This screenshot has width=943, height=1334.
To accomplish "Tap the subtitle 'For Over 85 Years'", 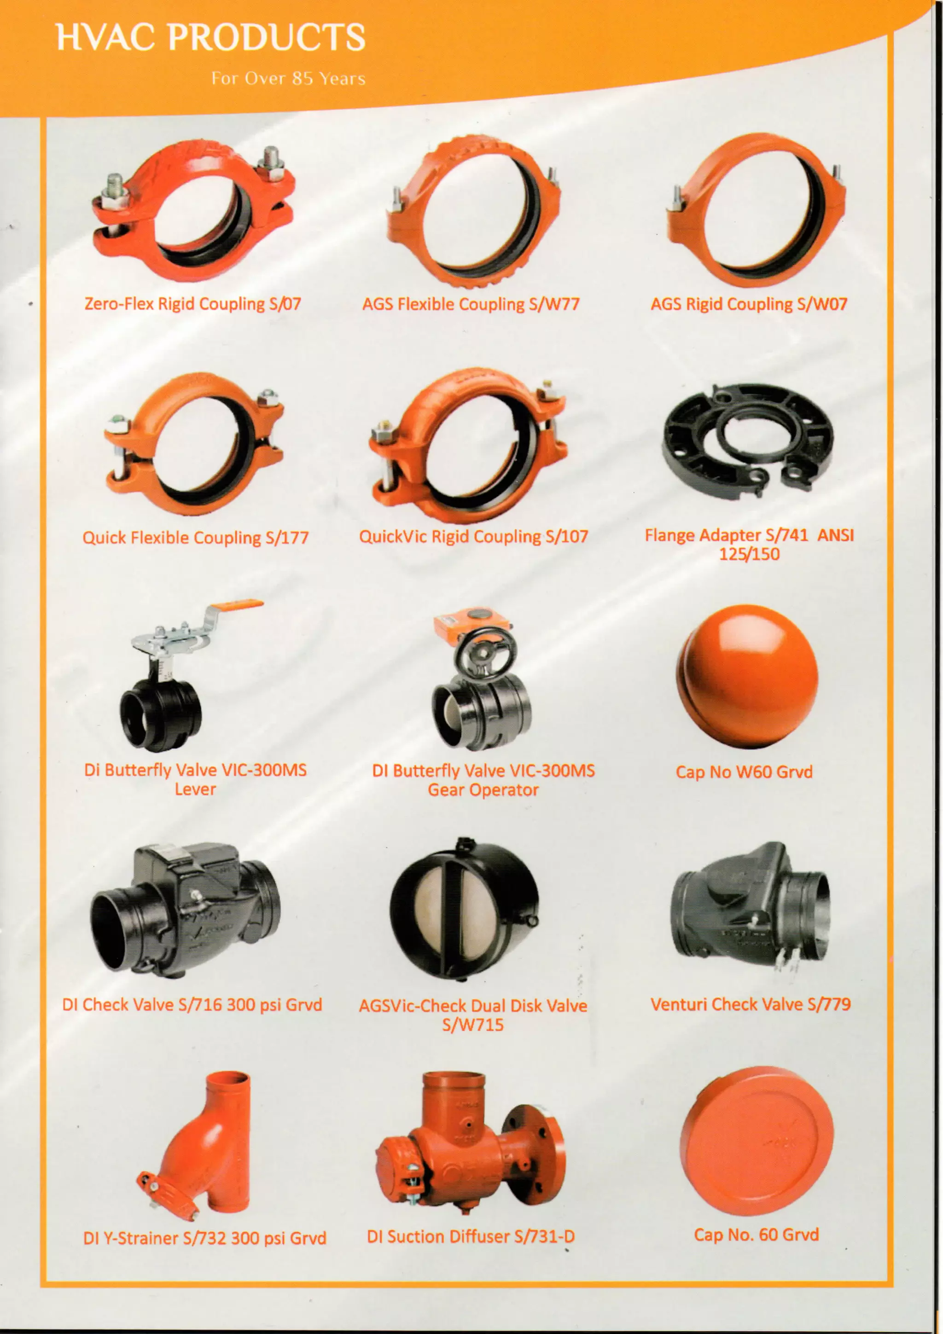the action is click(288, 78).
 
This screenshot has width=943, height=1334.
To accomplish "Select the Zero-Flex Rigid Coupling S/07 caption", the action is click(193, 304).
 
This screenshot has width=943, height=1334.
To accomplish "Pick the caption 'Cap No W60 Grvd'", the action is click(744, 772).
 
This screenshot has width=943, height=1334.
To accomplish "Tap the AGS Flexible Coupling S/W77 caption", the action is click(471, 304).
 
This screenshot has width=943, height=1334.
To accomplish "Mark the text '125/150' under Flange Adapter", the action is click(749, 554).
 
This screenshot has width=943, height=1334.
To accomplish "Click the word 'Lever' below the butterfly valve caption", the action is click(195, 789).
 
